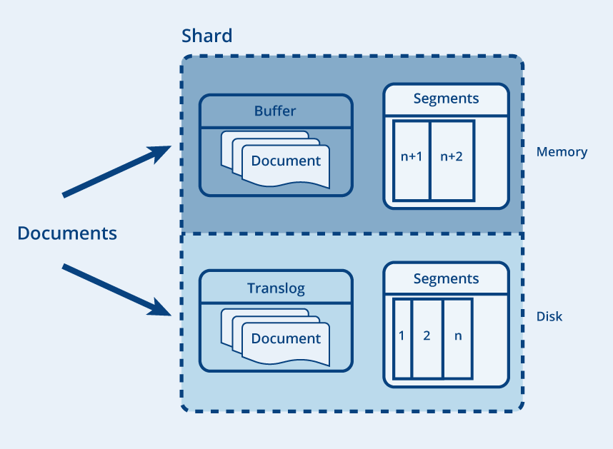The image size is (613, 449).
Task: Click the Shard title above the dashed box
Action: coord(206,36)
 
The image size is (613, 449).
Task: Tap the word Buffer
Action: coord(275,111)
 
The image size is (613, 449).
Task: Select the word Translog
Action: coord(276,288)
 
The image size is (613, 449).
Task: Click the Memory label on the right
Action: coord(562,151)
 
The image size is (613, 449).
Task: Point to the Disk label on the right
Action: coord(549,316)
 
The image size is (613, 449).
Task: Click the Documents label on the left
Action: coord(67,233)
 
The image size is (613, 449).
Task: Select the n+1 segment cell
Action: coord(412,161)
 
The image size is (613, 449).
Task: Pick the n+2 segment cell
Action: coord(452,161)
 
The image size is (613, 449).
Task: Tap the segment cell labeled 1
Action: coord(402,338)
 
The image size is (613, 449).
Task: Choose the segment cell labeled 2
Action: coord(427,338)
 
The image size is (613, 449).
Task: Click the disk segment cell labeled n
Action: coord(458,338)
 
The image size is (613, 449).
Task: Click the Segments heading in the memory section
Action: coord(446,99)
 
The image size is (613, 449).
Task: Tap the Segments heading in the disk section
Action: coord(446,279)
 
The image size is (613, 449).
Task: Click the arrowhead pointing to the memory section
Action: coord(161,153)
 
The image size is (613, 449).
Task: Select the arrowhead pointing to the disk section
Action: coord(161,308)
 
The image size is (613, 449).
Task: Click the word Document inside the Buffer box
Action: coord(286,161)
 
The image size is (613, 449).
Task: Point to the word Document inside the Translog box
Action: coord(286,338)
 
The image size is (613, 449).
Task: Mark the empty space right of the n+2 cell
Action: coord(491,161)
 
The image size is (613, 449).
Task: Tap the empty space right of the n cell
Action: coord(489,338)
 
